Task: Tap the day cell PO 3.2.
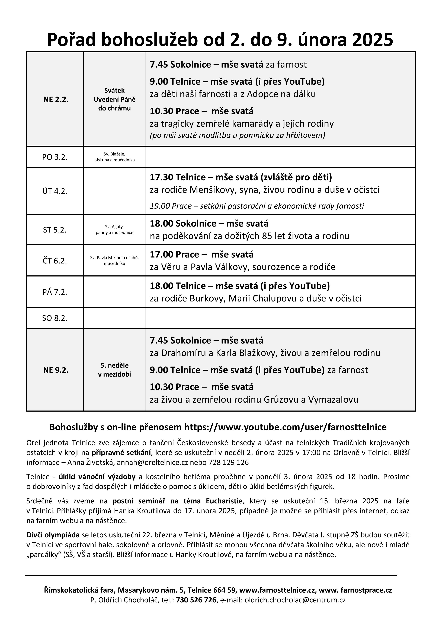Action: point(55,157)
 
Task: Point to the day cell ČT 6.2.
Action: point(55,261)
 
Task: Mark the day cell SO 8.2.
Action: point(55,318)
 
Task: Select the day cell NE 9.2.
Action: point(56,370)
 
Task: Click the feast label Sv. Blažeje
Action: point(114,154)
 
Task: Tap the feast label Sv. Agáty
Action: point(114,227)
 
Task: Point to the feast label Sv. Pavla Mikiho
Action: point(114,258)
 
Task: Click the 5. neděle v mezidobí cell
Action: point(114,370)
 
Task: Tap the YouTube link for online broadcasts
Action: point(285,427)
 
